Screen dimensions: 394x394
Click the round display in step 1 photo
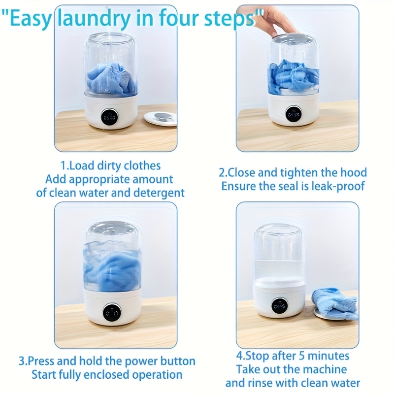point(109,117)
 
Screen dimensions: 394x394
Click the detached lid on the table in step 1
point(160,118)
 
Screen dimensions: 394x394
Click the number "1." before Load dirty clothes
point(64,166)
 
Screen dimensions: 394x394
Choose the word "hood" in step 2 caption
point(354,172)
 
